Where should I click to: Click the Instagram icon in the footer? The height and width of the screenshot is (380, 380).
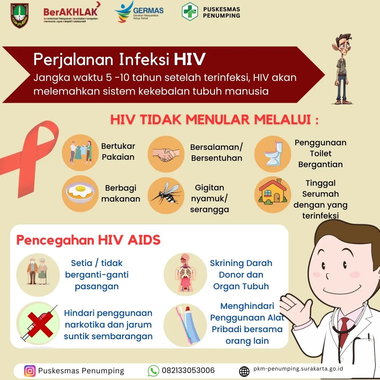(x=30, y=371)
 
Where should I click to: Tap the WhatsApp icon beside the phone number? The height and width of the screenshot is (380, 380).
(x=153, y=371)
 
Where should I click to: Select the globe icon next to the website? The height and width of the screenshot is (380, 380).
(x=244, y=371)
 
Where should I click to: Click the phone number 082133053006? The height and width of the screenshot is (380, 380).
(x=188, y=370)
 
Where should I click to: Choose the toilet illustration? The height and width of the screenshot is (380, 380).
(x=274, y=154)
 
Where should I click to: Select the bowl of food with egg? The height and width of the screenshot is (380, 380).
(x=80, y=192)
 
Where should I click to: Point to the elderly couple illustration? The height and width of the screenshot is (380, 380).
(x=38, y=271)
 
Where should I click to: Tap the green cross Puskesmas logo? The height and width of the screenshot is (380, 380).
(x=190, y=12)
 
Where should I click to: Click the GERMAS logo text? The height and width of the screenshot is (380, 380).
(x=148, y=11)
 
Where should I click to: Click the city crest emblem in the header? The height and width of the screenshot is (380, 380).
(x=20, y=15)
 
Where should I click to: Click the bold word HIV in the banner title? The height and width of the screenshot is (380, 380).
(x=190, y=59)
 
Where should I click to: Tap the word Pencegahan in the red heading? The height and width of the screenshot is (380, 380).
(x=55, y=240)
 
